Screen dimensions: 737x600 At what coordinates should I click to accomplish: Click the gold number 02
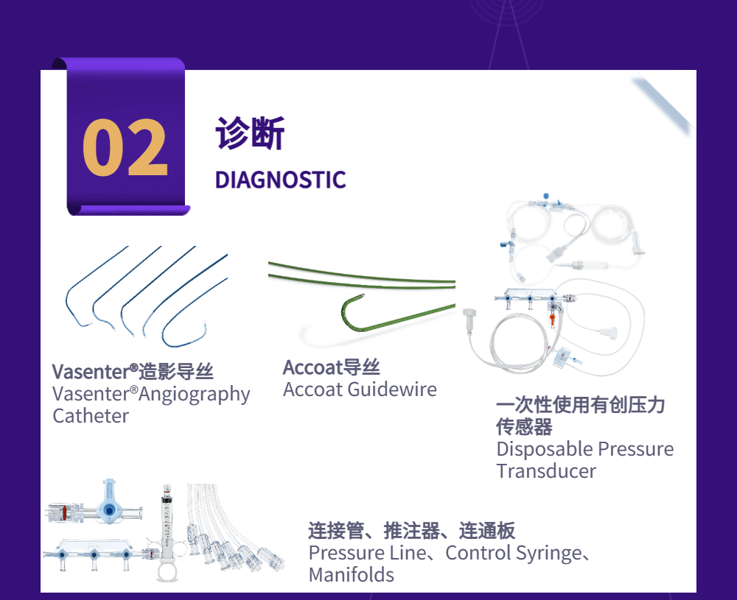(x=125, y=147)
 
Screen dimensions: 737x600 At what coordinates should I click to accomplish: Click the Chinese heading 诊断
(x=250, y=133)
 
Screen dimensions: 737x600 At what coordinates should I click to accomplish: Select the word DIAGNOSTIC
(x=280, y=180)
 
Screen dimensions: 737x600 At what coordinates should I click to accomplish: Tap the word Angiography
(x=194, y=395)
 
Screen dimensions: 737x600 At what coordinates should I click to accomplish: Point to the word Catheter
(x=91, y=416)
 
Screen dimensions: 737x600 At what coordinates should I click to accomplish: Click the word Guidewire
(x=393, y=389)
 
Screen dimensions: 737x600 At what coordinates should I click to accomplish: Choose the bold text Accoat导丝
(x=332, y=367)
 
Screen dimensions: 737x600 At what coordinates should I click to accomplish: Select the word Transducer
(x=546, y=471)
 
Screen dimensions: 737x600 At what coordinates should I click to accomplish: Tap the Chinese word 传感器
(x=525, y=427)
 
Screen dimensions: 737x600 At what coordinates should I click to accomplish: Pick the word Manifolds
(x=351, y=575)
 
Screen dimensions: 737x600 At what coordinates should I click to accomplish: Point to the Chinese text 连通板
(x=487, y=531)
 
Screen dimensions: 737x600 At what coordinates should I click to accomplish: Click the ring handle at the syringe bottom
(x=167, y=572)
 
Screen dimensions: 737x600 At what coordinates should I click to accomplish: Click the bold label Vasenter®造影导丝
(x=133, y=371)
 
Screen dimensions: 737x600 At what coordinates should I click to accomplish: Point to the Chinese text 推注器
(x=412, y=531)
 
